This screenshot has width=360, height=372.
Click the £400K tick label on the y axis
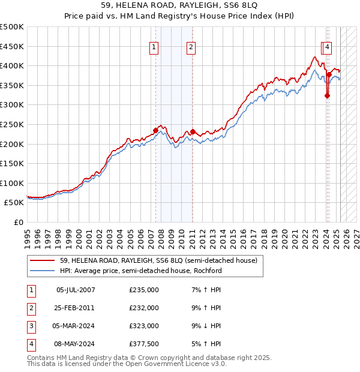[12, 65]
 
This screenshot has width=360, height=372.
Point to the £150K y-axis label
[12, 163]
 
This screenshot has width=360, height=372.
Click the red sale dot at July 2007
[155, 130]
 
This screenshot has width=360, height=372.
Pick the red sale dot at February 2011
[193, 131]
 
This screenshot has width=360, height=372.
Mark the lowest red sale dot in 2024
[327, 95]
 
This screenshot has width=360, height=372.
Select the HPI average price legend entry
[141, 271]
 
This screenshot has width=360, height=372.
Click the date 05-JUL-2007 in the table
[76, 290]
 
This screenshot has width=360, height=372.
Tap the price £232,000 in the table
[144, 308]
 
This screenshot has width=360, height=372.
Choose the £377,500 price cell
[144, 344]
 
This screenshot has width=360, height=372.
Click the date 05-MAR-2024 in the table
[76, 326]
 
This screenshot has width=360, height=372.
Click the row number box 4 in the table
[31, 344]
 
